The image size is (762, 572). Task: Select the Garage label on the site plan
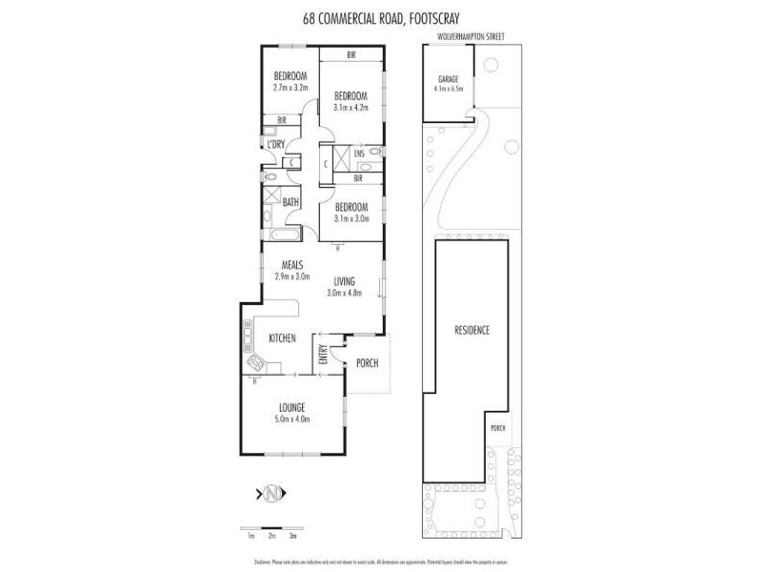pos(448,79)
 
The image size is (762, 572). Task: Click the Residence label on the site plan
pos(471,331)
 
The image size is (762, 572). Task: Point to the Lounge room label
pos(292,407)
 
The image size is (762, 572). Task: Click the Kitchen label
pos(283,338)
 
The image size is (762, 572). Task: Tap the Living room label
pos(344,281)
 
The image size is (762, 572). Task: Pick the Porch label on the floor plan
pos(367,363)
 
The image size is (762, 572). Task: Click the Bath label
pos(291,202)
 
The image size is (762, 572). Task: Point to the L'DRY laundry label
pos(276,144)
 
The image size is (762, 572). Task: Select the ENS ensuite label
pos(359,153)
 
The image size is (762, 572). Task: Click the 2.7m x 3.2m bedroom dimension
pos(291,88)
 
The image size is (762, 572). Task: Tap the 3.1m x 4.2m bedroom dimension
pos(351,107)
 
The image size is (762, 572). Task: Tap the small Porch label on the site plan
pos(498,428)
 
